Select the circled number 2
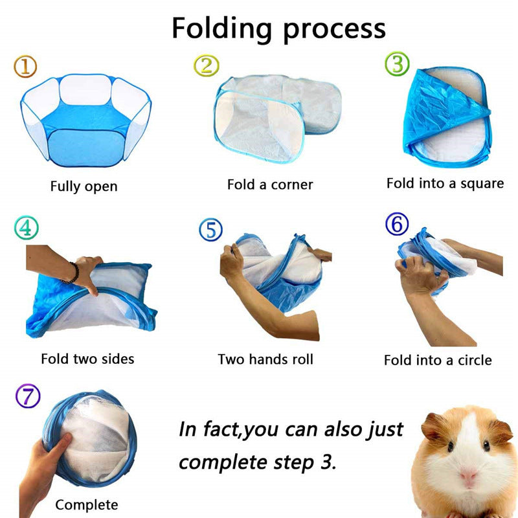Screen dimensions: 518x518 pyautogui.click(x=207, y=65)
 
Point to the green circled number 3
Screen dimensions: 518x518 pyautogui.click(x=397, y=65)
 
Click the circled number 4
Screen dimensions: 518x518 pyautogui.click(x=25, y=227)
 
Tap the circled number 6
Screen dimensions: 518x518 pyautogui.click(x=397, y=224)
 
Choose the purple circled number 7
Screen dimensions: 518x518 pyautogui.click(x=27, y=396)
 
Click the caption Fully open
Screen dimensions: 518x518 pyautogui.click(x=84, y=186)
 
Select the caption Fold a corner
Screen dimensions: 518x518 pyautogui.click(x=270, y=185)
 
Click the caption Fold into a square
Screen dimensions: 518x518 pyautogui.click(x=445, y=183)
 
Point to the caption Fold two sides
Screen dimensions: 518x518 pyautogui.click(x=87, y=358)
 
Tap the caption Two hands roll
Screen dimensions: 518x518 pyautogui.click(x=265, y=359)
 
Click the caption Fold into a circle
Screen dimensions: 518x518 pyautogui.click(x=438, y=360)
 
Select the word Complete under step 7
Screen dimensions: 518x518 pyautogui.click(x=87, y=504)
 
